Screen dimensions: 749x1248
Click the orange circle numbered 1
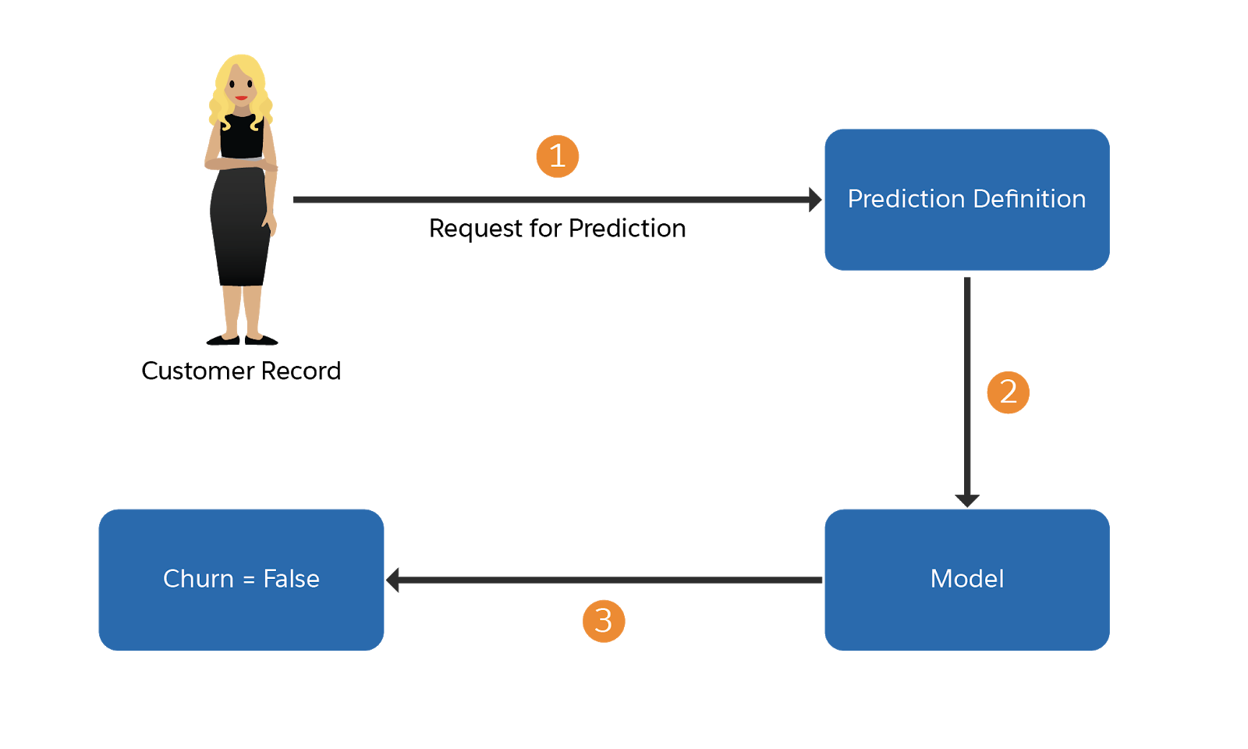(557, 156)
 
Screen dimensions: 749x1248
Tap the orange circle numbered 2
(1008, 392)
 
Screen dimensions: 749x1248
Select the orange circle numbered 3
(603, 621)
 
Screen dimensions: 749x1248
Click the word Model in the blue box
(966, 579)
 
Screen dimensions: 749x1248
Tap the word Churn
(198, 579)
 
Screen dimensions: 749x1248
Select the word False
(291, 579)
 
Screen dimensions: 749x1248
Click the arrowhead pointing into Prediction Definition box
(815, 200)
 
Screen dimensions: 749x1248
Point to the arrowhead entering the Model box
(966, 500)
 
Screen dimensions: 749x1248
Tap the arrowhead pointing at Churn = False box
(393, 580)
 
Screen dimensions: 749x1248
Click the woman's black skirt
(240, 234)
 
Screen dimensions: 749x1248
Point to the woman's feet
(242, 337)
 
